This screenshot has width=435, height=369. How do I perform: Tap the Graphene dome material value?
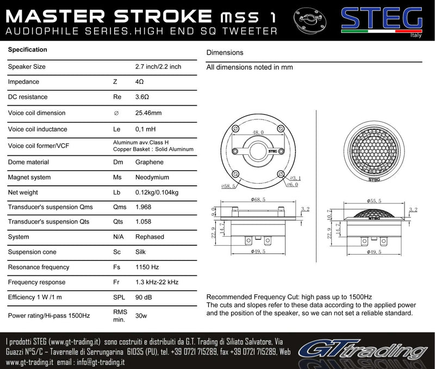click(x=149, y=162)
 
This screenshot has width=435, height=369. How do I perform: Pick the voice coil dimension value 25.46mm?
click(x=148, y=113)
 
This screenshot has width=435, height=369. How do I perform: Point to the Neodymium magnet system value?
click(x=152, y=178)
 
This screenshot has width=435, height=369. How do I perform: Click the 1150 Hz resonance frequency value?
click(x=147, y=268)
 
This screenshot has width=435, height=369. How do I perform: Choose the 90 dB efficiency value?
click(x=144, y=298)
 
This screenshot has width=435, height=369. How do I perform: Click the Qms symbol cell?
click(x=119, y=207)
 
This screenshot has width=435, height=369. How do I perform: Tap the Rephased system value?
click(x=149, y=238)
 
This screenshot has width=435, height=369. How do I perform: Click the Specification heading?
click(x=27, y=50)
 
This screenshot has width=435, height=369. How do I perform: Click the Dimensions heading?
click(x=225, y=53)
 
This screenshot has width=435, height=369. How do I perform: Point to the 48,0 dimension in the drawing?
click(x=258, y=132)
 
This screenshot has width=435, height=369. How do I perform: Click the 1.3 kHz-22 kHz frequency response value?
click(x=156, y=282)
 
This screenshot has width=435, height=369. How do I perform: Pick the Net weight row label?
click(x=24, y=192)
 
